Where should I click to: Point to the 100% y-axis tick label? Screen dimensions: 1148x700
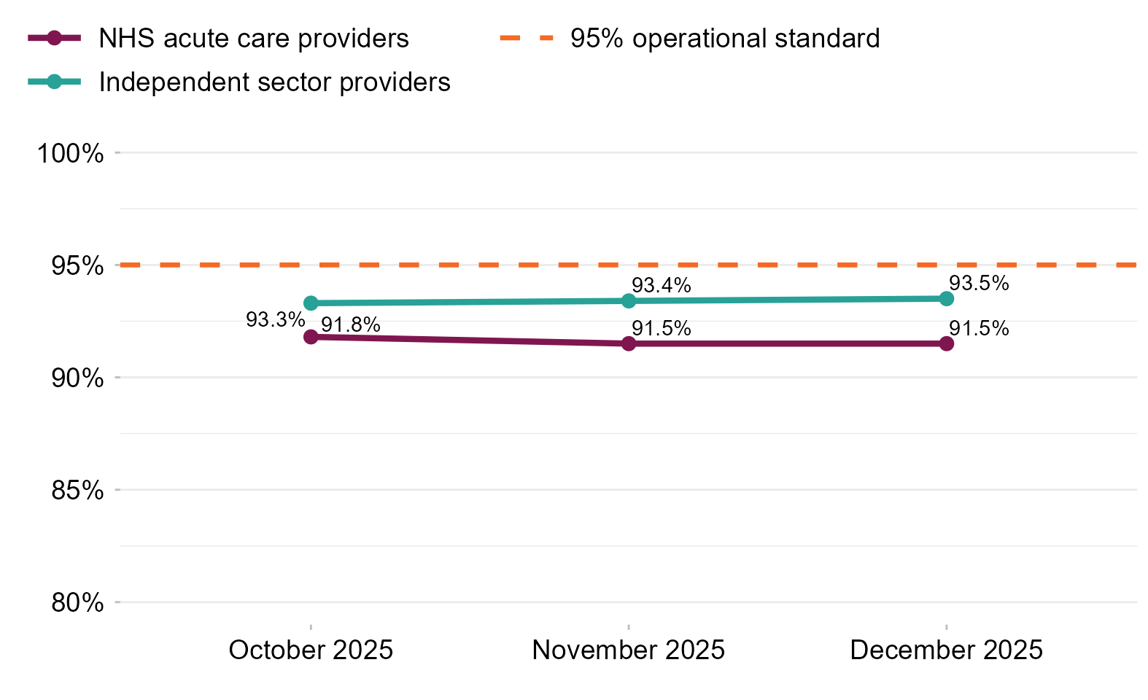(70, 153)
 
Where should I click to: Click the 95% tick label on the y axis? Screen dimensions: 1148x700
(77, 266)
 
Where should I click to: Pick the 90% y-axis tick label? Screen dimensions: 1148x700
(77, 378)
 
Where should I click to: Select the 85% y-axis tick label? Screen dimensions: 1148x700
(77, 491)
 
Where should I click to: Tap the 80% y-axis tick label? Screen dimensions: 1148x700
(77, 603)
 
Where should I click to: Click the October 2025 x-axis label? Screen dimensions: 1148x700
(311, 650)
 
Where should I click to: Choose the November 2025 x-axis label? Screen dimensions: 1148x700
(628, 650)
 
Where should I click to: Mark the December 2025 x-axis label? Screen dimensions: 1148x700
(946, 650)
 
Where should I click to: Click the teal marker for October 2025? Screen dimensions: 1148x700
(311, 303)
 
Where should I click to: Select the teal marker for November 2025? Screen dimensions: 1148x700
(628, 301)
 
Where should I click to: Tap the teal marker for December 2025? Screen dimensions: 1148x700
(946, 299)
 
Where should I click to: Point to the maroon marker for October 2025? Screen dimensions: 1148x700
(311, 337)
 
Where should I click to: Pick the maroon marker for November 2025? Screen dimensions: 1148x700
(628, 344)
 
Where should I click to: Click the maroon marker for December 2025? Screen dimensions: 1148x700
(946, 344)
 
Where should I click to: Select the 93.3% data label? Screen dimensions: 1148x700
(275, 320)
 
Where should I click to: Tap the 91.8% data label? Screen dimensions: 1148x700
(351, 325)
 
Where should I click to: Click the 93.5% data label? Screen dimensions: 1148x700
(979, 284)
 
